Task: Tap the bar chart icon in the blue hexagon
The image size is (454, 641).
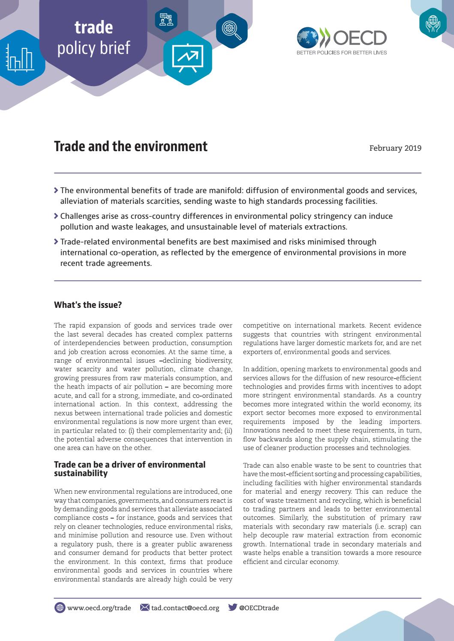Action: (x=19, y=59)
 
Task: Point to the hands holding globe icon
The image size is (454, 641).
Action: (x=433, y=23)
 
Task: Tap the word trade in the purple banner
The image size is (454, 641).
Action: (x=93, y=27)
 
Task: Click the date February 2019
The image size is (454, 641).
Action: (x=395, y=148)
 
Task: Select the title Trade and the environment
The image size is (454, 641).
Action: (x=131, y=146)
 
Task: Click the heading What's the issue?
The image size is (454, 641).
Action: (x=88, y=305)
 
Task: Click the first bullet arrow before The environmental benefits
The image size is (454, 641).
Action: (x=56, y=190)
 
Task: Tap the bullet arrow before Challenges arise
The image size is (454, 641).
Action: (x=56, y=216)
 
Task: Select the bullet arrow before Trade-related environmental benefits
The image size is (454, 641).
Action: (x=56, y=241)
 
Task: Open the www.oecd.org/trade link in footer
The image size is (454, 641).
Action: (x=99, y=608)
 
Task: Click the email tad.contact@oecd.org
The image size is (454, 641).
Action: (x=185, y=608)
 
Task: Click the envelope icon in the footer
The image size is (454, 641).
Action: (x=145, y=607)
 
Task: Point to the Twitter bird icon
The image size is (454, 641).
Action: (x=233, y=607)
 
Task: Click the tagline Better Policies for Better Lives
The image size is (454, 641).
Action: (x=342, y=53)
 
